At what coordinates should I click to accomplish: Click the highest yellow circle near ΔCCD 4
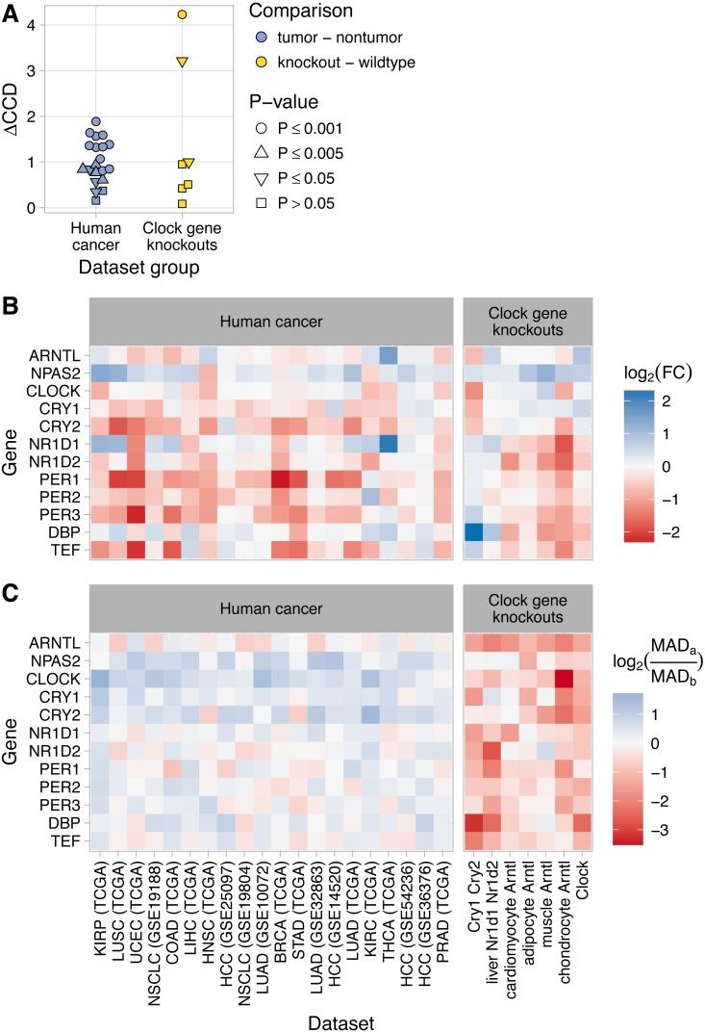pos(182,14)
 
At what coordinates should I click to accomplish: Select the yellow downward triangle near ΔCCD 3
pos(182,62)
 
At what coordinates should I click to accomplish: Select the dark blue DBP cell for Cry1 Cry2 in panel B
pos(472,532)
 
